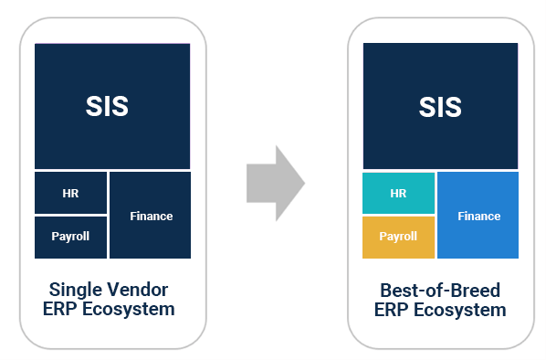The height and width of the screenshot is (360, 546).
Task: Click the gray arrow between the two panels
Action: [x=274, y=183]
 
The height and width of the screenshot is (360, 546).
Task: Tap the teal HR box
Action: [x=398, y=193]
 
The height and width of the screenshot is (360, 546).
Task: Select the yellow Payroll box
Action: [x=398, y=237]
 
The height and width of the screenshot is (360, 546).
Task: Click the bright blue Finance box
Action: [x=478, y=216]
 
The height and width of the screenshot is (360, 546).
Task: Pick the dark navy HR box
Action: [x=70, y=193]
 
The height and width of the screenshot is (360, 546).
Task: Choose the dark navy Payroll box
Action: [x=70, y=237]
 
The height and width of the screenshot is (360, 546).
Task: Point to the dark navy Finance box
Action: [x=151, y=216]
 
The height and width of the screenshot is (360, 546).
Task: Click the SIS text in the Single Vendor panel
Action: [x=108, y=107]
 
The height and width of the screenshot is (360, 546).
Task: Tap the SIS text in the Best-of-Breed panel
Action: [x=440, y=107]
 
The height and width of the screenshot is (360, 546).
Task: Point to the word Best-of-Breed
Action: [x=440, y=291]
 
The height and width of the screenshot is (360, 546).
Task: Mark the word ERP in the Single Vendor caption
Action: [x=60, y=310]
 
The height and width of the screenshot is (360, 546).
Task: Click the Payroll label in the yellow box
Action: [x=398, y=237]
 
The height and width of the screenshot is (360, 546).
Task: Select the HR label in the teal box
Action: [x=398, y=193]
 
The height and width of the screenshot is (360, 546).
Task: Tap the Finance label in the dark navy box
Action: [x=151, y=216]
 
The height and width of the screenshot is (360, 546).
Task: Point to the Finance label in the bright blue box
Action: [x=478, y=216]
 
